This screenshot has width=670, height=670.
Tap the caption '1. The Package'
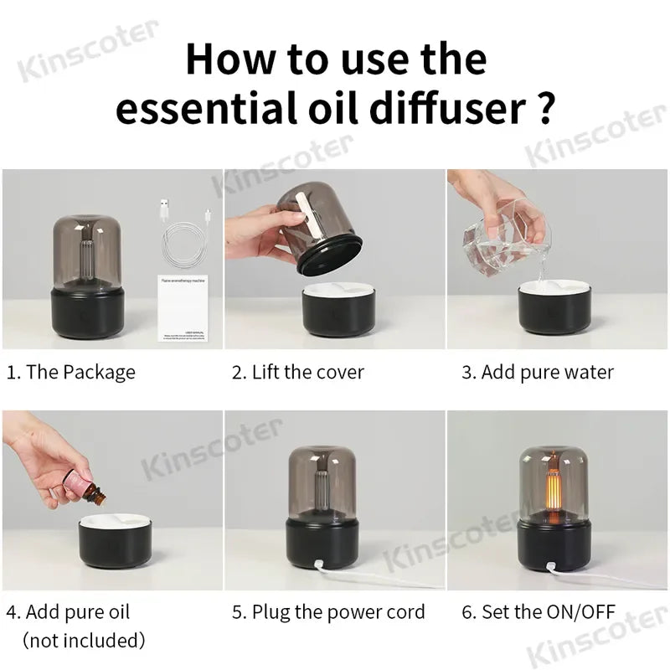[70, 373]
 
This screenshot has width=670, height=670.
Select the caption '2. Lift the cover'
[297, 373]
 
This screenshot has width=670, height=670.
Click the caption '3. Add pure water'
[538, 373]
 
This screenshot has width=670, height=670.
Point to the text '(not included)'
[84, 641]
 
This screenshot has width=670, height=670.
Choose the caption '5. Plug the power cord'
[328, 612]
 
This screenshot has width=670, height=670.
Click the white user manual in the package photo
[183, 308]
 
